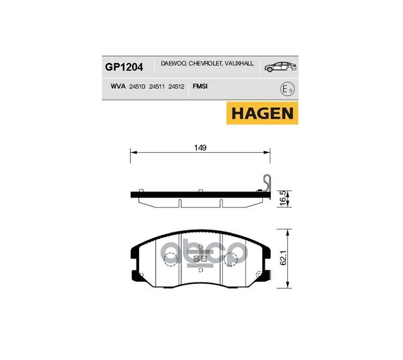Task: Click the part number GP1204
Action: (124, 67)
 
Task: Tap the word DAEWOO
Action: (172, 65)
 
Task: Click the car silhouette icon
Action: (280, 67)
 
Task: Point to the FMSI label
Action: (199, 86)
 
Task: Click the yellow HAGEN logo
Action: (262, 113)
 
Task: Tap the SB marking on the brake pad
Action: (199, 259)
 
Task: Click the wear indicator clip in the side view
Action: (266, 183)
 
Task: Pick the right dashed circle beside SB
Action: (230, 259)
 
